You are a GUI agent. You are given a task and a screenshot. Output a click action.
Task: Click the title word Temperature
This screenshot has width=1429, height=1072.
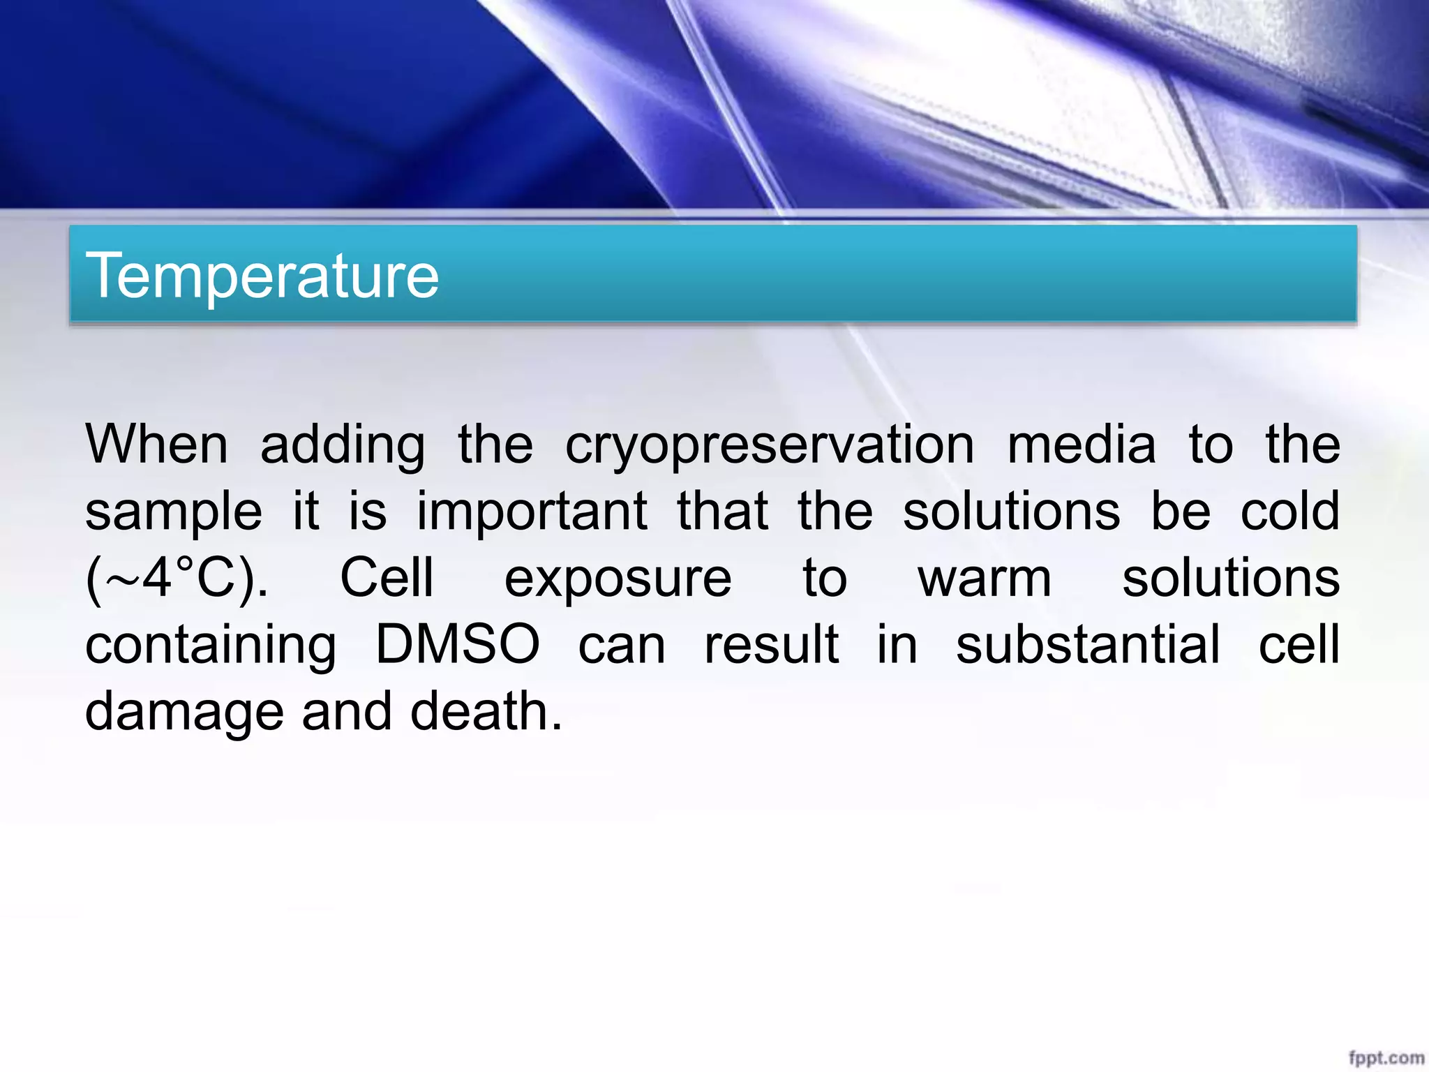262,276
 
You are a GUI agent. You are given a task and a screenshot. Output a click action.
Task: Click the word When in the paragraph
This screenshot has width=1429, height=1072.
156,445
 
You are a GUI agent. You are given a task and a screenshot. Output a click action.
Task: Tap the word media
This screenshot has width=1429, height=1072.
1082,445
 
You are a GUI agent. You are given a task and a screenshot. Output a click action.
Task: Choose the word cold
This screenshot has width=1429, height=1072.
1289,511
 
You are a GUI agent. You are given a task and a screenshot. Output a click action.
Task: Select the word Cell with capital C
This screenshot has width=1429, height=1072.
387,578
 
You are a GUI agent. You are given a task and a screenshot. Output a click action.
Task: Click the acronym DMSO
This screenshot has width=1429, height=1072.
457,645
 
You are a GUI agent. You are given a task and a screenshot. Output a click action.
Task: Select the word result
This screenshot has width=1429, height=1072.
771,645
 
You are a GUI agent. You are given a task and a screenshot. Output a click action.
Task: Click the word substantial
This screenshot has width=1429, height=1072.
1088,645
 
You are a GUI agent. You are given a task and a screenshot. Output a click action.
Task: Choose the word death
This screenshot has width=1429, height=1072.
486,711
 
